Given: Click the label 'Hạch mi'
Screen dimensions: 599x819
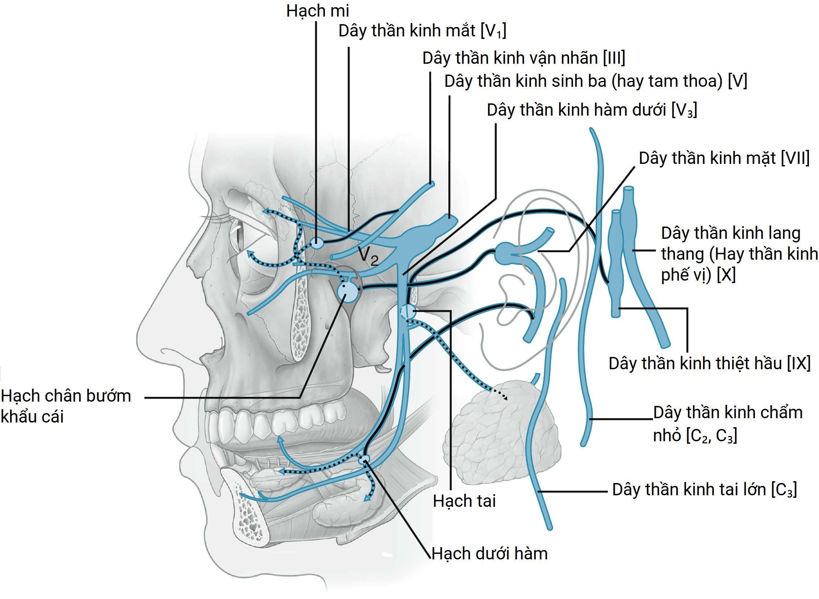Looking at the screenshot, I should [317, 11].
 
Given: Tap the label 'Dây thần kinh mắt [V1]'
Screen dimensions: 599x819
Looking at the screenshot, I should [422, 31].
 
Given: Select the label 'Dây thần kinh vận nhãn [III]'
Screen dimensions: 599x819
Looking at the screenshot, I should [524, 58].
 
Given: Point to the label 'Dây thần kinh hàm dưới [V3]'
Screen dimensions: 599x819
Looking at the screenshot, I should [591, 110].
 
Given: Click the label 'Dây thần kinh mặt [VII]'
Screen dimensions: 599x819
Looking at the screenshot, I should [724, 158].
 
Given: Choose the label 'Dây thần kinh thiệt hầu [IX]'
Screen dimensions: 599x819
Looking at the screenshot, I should [709, 363].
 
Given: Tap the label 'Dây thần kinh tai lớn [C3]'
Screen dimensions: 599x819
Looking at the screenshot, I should [704, 490].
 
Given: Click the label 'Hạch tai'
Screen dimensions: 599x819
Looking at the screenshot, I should [464, 501].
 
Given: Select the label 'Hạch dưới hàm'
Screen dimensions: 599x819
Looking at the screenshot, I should [489, 554].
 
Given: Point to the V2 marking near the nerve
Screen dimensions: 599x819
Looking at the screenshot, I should [368, 256].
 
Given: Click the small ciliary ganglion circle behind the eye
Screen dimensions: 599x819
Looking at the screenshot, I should [317, 243].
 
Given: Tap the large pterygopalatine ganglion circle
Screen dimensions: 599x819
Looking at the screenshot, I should [348, 291].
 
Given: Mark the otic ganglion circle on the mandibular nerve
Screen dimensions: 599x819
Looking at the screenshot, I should [407, 311].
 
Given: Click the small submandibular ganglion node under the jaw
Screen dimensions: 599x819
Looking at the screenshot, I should [364, 459].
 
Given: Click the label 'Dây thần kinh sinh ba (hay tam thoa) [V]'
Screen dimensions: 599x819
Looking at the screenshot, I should [595, 81].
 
